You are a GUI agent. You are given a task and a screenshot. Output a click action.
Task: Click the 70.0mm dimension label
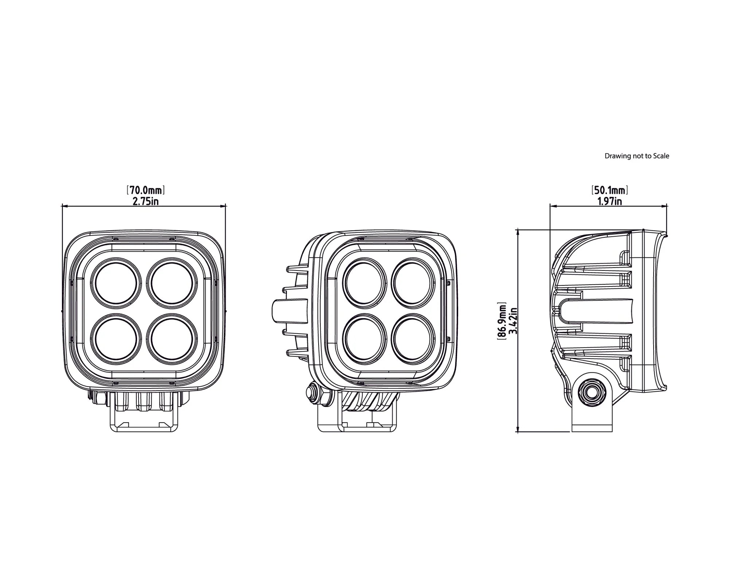[x=145, y=190]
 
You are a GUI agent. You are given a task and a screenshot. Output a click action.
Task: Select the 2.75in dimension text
[x=145, y=201]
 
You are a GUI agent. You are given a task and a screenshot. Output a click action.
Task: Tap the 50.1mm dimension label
[x=609, y=190]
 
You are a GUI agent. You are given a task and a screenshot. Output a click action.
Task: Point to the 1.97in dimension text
[x=609, y=201]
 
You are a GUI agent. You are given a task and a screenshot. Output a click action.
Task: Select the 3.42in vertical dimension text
[x=513, y=321]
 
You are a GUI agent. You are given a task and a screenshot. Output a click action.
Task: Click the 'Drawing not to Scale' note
[x=637, y=156]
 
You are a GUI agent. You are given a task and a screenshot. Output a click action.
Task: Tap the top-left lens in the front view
[x=116, y=283]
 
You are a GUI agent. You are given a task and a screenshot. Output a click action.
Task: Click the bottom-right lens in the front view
[x=172, y=339]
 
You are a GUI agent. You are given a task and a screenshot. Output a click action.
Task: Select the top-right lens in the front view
[x=172, y=283]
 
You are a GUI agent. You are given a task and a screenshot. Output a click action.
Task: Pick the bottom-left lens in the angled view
[x=365, y=339]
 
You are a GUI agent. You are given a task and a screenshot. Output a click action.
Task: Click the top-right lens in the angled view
[x=413, y=283]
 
